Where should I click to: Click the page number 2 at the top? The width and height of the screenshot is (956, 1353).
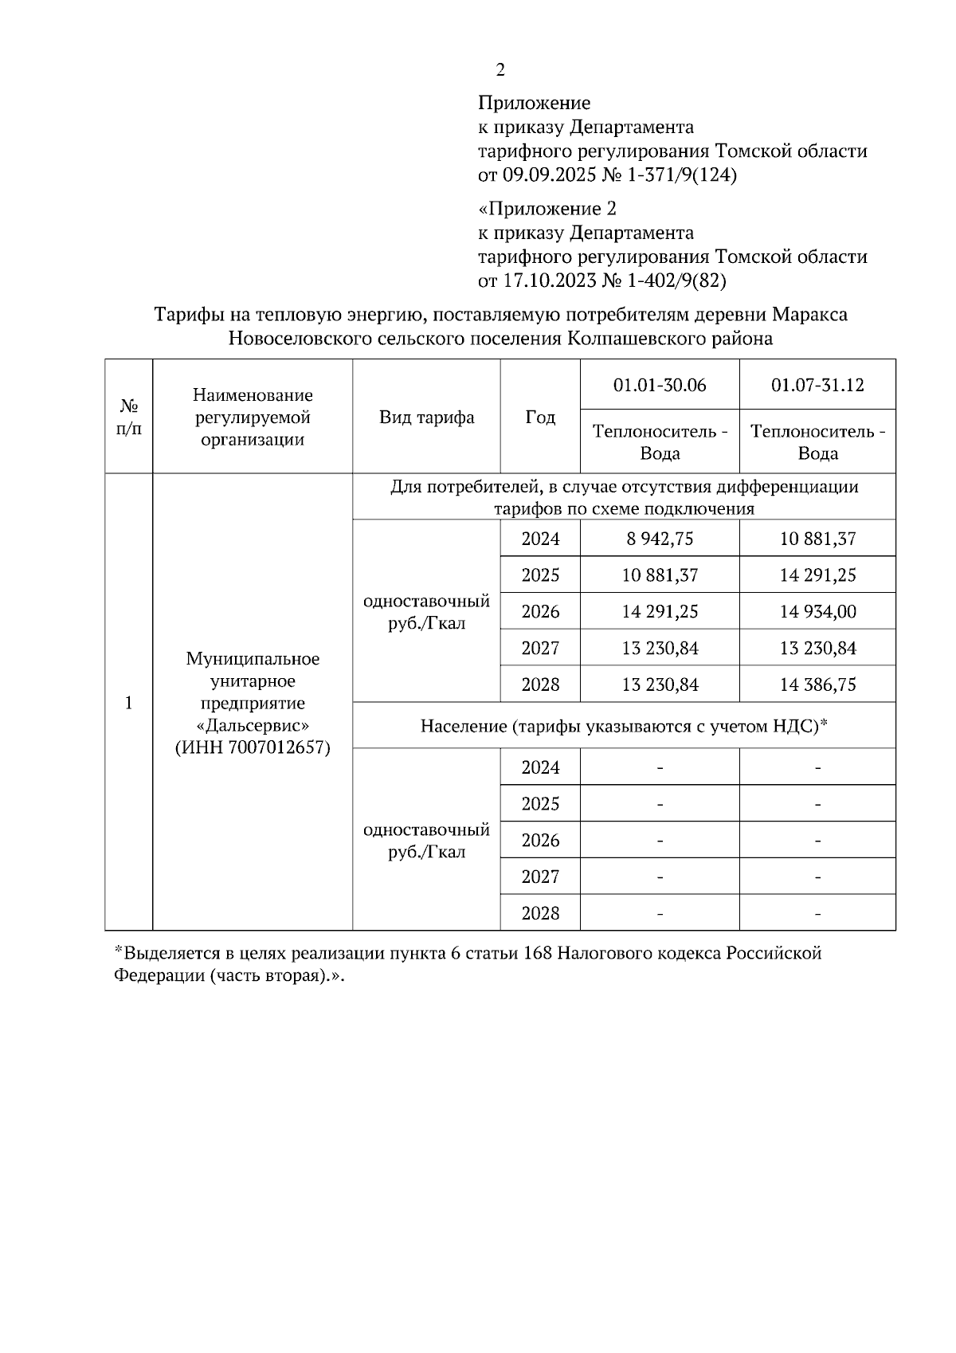500,70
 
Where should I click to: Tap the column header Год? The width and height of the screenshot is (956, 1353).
540,417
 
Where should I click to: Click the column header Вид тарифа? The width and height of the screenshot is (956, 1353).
426,417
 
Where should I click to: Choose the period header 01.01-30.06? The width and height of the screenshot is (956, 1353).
660,385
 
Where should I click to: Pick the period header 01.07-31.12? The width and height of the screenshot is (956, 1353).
817,385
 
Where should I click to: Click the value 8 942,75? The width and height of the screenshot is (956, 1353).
660,539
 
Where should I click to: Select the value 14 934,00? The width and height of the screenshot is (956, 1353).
817,611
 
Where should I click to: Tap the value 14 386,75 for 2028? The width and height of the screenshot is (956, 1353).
817,684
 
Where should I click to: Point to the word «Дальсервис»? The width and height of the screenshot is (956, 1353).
253,726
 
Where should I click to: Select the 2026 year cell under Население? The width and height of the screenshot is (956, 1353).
540,840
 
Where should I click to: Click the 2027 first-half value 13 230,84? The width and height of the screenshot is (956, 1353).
660,648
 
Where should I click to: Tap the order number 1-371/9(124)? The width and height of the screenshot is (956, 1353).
683,175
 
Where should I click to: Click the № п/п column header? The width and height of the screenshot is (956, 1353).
129,417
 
